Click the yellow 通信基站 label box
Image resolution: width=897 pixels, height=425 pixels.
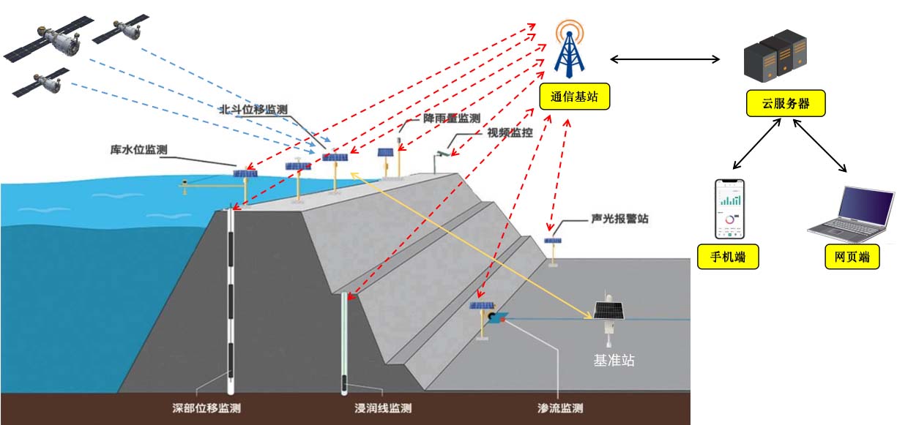click(x=574, y=96)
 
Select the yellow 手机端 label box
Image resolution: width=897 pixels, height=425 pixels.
click(x=728, y=257)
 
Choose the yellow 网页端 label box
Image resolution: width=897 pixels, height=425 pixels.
click(x=852, y=257)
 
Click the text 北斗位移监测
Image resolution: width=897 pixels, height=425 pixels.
click(x=253, y=110)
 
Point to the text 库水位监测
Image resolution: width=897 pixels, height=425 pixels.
click(x=138, y=150)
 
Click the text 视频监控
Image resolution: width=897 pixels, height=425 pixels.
click(x=510, y=132)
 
